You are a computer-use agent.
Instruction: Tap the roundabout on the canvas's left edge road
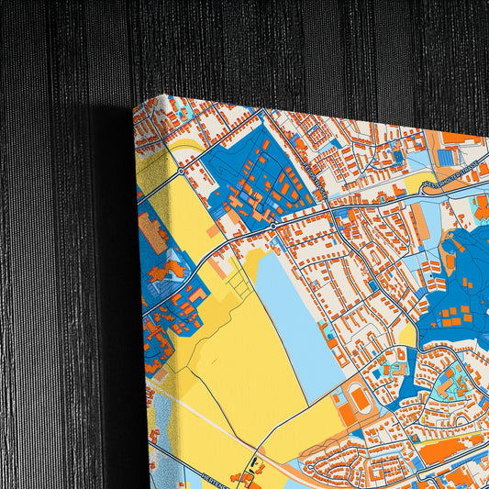(x=182, y=171)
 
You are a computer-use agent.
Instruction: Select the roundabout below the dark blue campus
(x=272, y=224)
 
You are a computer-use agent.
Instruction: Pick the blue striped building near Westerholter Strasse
(x=447, y=157)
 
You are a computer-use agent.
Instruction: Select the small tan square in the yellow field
(x=213, y=231)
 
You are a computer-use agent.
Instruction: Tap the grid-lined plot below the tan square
(x=240, y=286)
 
